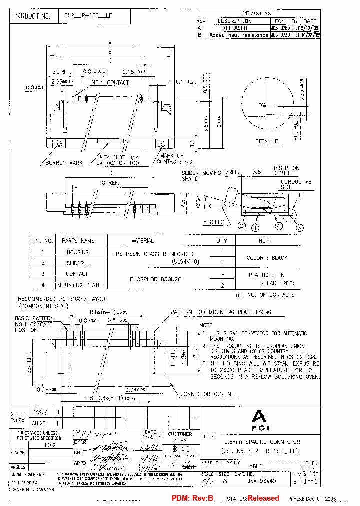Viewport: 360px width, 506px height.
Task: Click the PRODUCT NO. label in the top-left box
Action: tap(32, 16)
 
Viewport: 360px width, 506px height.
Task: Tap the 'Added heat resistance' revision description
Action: tap(239, 35)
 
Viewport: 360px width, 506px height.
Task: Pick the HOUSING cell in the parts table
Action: tap(77, 252)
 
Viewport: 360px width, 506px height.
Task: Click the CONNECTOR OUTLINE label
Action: tap(207, 394)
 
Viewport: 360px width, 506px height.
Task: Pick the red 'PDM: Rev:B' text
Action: tap(192, 498)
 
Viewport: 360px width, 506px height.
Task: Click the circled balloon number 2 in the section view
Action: tap(241, 226)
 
